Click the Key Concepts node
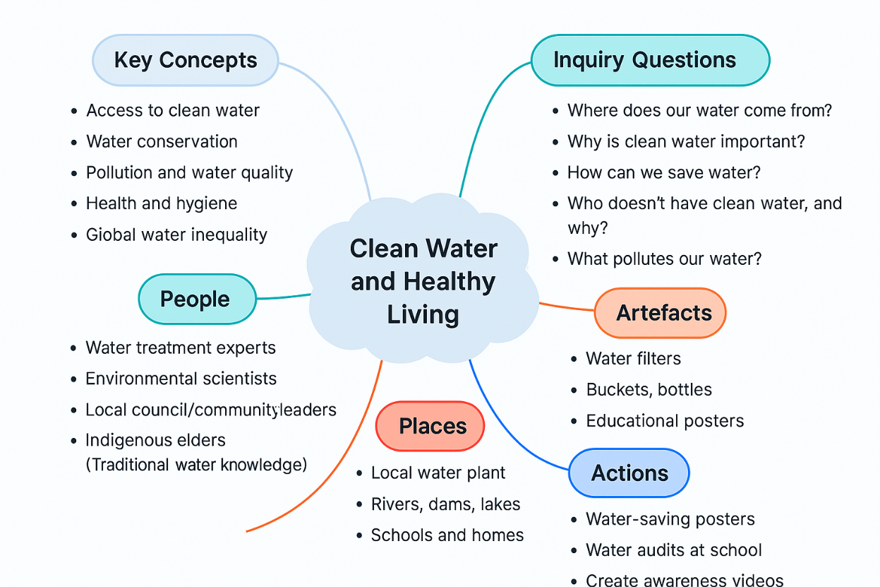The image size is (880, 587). [x=186, y=60]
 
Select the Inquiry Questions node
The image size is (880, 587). [x=649, y=60]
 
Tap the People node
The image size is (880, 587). [x=195, y=299]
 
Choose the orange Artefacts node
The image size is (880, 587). [x=660, y=313]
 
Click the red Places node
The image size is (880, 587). [x=430, y=426]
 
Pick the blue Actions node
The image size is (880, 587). [x=628, y=473]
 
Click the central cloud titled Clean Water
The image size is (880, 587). [x=423, y=281]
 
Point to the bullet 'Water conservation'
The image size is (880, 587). [x=162, y=141]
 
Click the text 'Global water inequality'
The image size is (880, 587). [x=176, y=235]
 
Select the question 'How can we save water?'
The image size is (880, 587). [x=664, y=172]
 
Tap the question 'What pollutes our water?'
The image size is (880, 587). [x=664, y=259]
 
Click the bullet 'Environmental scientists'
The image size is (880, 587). [x=181, y=379]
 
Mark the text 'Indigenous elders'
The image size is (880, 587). [x=155, y=440]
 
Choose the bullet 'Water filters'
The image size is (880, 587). [x=633, y=358]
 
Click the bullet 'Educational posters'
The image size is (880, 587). [x=665, y=421]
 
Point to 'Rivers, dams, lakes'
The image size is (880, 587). [x=445, y=504]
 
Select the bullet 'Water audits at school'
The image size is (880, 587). [x=674, y=550]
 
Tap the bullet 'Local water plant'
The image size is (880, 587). [x=438, y=473]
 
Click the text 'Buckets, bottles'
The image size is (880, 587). [x=649, y=389]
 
